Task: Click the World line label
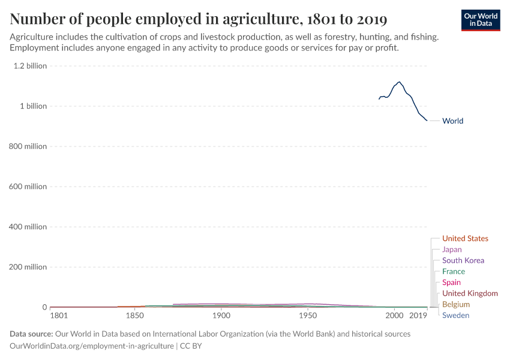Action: click(452, 121)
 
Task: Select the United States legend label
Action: click(465, 238)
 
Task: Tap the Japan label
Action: click(452, 249)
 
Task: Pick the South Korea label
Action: click(463, 260)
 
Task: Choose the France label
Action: click(453, 271)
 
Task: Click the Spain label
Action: click(451, 282)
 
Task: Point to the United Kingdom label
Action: click(470, 293)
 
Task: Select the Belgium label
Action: click(455, 304)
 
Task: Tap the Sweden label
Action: click(455, 315)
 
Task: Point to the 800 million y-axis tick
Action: click(28, 146)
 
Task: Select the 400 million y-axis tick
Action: click(28, 227)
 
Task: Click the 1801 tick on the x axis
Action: click(59, 316)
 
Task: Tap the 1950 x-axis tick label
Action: click(308, 316)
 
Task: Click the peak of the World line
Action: click(399, 82)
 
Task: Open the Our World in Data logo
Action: click(480, 20)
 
